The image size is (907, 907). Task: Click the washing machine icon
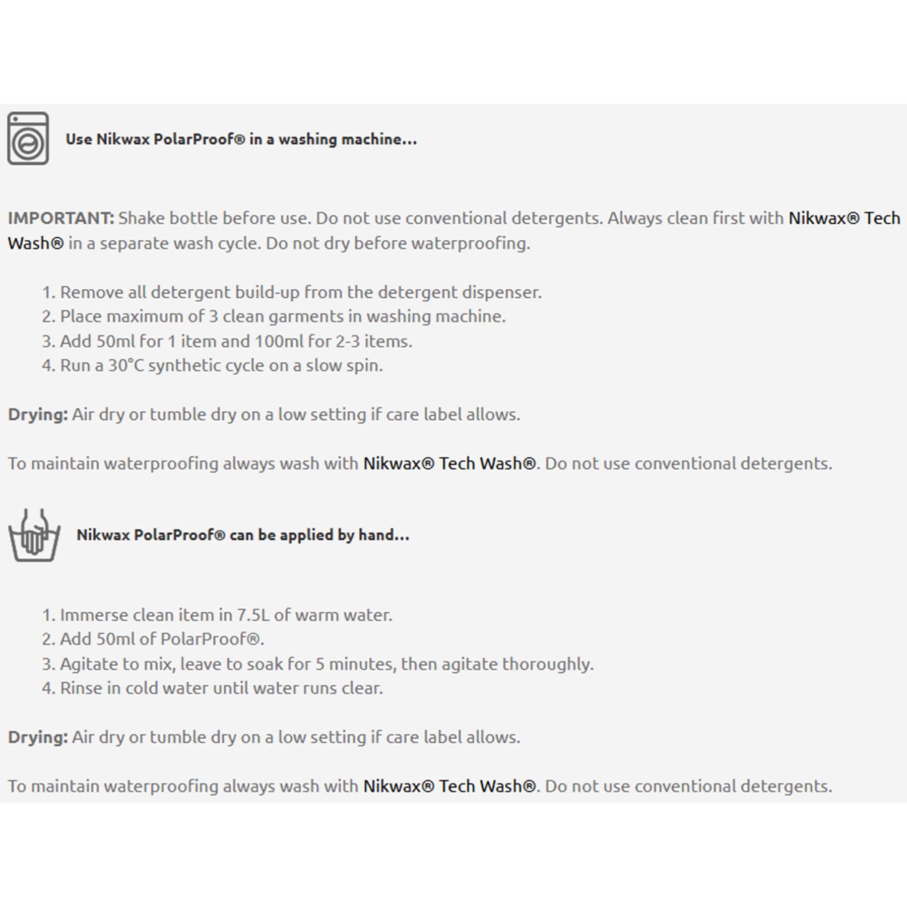28,139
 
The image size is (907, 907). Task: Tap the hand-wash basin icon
34,536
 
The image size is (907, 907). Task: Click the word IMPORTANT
61,218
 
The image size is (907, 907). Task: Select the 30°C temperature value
126,365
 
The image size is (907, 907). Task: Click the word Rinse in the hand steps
81,688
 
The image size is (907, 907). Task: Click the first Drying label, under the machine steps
38,414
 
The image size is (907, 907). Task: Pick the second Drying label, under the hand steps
38,737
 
